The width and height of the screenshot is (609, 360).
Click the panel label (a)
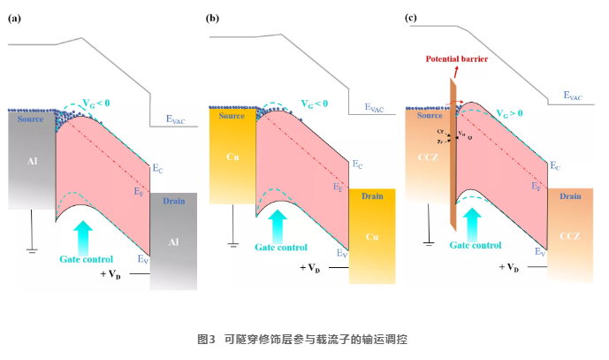pyautogui.click(x=14, y=18)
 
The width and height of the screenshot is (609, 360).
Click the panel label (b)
pyautogui.click(x=212, y=18)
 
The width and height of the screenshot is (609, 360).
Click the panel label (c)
pyautogui.click(x=410, y=18)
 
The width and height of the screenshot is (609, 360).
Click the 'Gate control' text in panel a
pyautogui.click(x=87, y=259)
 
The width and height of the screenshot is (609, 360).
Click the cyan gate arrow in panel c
pyautogui.click(x=472, y=219)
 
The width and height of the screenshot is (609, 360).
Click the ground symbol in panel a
pyautogui.click(x=33, y=249)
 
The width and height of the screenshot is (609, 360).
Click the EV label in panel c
pyautogui.click(x=539, y=252)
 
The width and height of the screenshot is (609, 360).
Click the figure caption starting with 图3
pyautogui.click(x=304, y=339)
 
